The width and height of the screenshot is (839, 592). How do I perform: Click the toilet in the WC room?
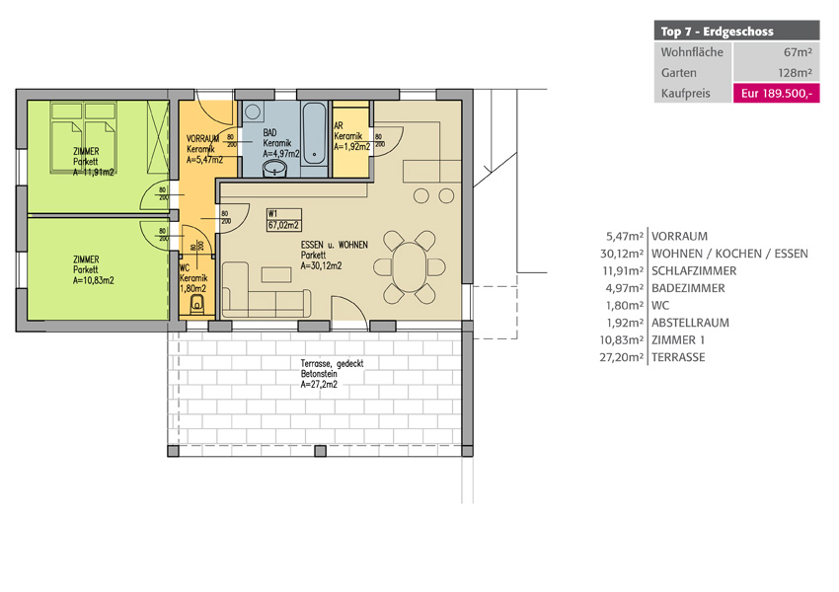pos(197,304)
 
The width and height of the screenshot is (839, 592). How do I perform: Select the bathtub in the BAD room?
pos(314,134)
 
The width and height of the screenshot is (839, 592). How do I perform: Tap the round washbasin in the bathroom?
pos(275,170)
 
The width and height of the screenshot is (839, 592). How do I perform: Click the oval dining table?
pos(410,266)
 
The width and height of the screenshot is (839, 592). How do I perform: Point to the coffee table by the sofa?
pos(276,275)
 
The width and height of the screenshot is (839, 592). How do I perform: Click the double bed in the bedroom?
pos(83,137)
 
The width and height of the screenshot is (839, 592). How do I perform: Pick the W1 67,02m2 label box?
pos(284,220)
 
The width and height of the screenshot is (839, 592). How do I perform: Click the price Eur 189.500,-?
pos(776,93)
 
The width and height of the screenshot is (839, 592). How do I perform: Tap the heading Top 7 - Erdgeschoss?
pos(717,31)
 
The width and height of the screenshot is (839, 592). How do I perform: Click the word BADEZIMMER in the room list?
pos(688,288)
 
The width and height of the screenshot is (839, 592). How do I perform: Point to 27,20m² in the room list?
pos(621,357)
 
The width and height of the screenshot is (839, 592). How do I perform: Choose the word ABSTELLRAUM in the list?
pos(690,323)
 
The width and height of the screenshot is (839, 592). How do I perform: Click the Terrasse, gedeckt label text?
pos(332,364)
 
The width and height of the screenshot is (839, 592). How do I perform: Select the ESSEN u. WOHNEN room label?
pos(334,245)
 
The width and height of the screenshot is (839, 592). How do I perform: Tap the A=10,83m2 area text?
pos(94,280)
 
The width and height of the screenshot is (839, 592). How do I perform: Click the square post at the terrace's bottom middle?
pos(320,451)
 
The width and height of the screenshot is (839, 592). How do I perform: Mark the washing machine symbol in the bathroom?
pos(253,112)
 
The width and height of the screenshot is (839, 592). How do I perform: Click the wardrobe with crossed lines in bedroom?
pos(158,137)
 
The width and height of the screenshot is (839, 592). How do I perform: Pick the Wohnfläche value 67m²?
pos(798,52)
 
